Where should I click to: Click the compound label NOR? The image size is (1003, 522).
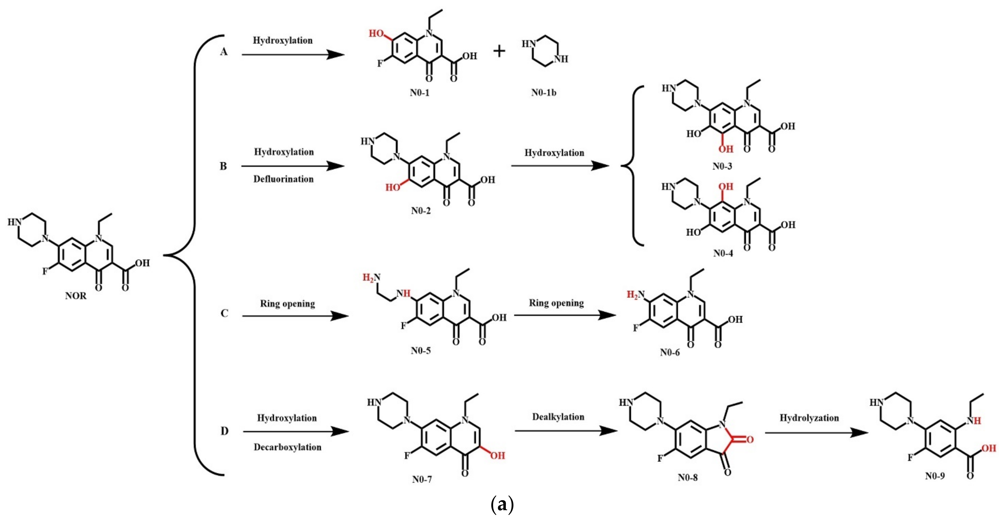pos(76,296)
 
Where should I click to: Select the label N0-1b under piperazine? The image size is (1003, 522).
pos(544,93)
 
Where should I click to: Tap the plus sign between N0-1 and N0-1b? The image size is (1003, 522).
pos(499,51)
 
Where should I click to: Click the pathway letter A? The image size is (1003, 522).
pos(223,52)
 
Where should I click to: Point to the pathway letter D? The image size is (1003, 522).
pos(224,431)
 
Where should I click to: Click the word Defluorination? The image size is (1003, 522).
pos(284,179)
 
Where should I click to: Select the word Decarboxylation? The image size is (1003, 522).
pos(287,447)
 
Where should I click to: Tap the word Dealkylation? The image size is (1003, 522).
pos(558,417)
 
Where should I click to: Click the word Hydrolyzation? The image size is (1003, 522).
pos(809,418)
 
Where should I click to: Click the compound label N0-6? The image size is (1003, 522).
pos(670,353)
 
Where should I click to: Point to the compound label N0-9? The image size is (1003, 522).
pos(935,476)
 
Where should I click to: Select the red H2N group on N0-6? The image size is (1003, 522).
pos(635,295)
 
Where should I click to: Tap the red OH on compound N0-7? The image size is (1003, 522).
pos(497,455)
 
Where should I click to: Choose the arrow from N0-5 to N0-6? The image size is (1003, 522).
pos(565,315)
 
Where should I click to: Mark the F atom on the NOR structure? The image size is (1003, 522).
pos(45,271)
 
